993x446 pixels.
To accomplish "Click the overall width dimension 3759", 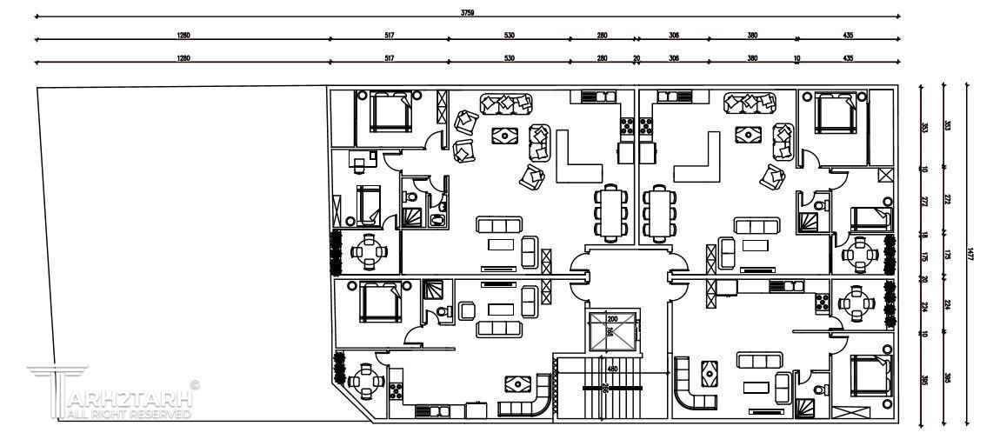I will pyautogui.click(x=467, y=12).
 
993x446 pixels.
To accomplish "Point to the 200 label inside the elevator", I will pyautogui.click(x=611, y=319).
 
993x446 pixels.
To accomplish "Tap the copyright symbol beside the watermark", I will pyautogui.click(x=195, y=383).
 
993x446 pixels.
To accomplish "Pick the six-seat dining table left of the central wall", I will pyautogui.click(x=611, y=213).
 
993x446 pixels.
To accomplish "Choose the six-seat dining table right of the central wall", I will pyautogui.click(x=658, y=213).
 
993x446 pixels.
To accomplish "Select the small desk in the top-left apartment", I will pyautogui.click(x=360, y=158).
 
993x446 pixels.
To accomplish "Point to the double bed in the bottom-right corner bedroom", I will pyautogui.click(x=866, y=378).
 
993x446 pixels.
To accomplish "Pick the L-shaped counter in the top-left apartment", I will pyautogui.click(x=576, y=156).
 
